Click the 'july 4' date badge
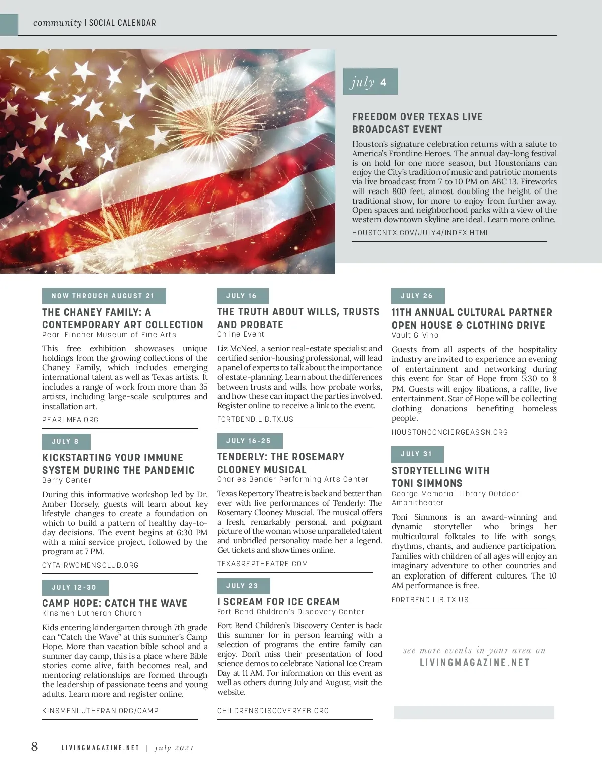coord(370,82)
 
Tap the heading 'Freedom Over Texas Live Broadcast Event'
coord(417,123)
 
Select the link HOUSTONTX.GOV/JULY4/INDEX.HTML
coord(420,233)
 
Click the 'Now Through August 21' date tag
coord(103,296)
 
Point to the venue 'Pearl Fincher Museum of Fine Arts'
coord(109,335)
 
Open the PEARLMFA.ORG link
coord(70,420)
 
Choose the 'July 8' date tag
coord(66,442)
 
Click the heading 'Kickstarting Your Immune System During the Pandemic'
coord(118,464)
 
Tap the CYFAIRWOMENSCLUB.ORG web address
coord(90,565)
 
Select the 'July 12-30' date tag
coord(75,587)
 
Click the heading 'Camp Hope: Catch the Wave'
coord(114,603)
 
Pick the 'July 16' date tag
coord(242,296)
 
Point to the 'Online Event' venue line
coord(241,334)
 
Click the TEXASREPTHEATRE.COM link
coord(262,564)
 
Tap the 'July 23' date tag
coord(243,586)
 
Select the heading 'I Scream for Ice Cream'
coord(278,602)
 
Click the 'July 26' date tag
coord(417,296)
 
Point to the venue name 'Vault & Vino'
coord(415,335)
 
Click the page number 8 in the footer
coord(34,747)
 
